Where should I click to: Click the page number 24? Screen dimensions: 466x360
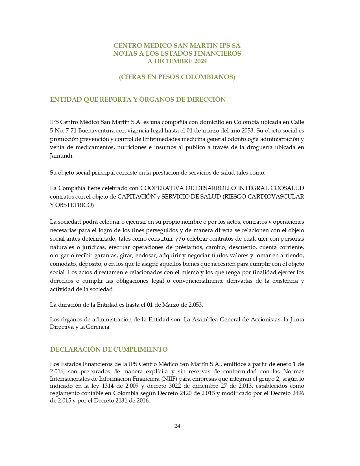177,426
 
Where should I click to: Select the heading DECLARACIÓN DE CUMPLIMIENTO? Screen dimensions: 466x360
109,349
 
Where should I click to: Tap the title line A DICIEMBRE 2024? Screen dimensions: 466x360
177,61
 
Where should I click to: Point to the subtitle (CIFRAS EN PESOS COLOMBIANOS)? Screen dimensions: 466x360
177,77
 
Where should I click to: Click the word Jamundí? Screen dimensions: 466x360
61,156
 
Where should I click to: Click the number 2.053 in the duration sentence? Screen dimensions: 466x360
195,305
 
